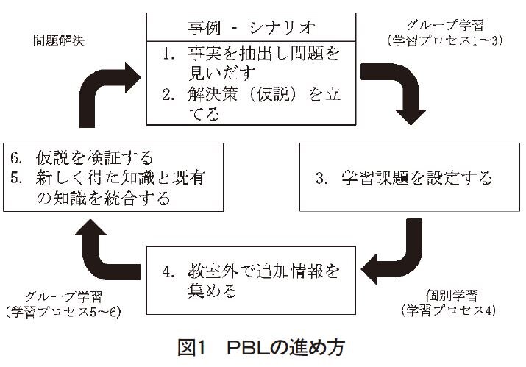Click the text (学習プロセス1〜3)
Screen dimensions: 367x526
pyautogui.click(x=444, y=41)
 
